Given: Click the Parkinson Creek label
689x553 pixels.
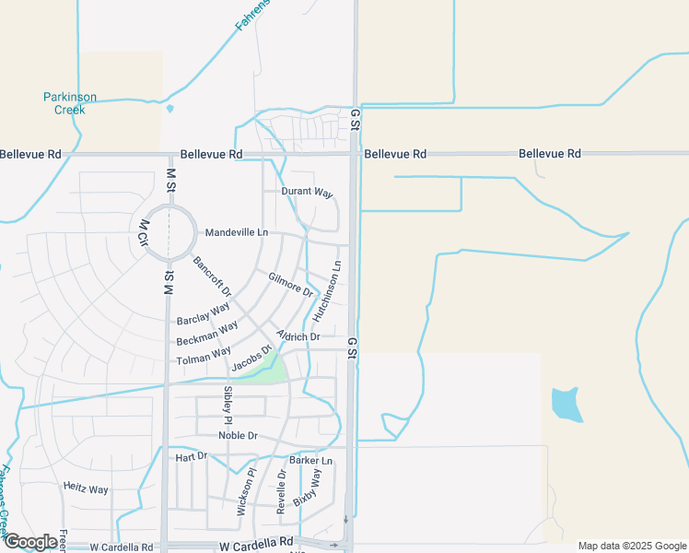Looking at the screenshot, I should (69, 103).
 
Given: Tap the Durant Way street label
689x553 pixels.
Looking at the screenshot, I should (306, 193).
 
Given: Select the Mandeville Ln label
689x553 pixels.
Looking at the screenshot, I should (236, 232).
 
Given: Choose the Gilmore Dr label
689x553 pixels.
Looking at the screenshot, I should (290, 284).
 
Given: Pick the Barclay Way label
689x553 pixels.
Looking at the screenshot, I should (203, 313).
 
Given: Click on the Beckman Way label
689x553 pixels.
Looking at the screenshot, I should (206, 333).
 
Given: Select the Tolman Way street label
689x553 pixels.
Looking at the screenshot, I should (204, 353).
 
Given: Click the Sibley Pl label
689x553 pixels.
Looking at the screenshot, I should (228, 405).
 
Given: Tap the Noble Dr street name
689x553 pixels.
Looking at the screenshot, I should (238, 435).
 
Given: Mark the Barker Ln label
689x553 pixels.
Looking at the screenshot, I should (310, 460).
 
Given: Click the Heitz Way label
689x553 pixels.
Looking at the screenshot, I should (86, 488).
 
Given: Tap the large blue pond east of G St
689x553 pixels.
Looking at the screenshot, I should (566, 404).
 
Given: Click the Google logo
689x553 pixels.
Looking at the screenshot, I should (29, 542).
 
